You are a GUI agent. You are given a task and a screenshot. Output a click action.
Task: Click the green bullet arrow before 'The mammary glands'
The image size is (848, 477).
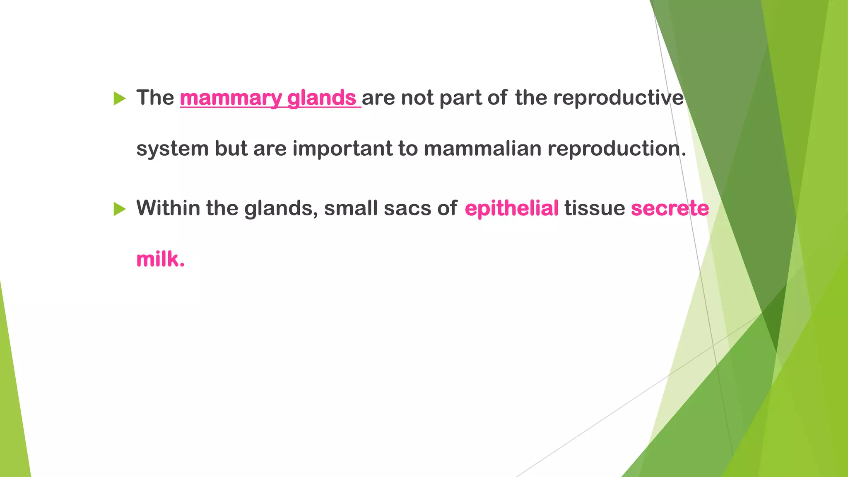tap(119, 99)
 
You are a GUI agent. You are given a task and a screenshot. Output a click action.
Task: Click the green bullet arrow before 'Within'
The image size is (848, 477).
tap(119, 209)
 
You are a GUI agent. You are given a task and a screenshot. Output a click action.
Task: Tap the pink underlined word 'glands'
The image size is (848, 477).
tap(322, 98)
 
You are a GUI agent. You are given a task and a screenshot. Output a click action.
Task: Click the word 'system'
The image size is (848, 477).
tap(172, 149)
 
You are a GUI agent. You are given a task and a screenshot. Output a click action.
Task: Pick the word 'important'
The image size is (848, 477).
tap(342, 149)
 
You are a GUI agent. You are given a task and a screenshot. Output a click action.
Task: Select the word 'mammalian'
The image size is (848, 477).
tap(482, 149)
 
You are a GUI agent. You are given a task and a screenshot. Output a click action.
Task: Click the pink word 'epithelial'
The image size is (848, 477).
tap(512, 208)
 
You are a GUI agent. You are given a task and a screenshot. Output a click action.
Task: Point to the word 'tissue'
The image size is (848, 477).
tap(595, 208)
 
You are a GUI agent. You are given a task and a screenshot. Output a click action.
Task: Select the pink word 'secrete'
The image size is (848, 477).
tap(670, 208)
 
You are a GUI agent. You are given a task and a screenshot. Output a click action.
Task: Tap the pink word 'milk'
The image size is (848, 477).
tap(158, 259)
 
